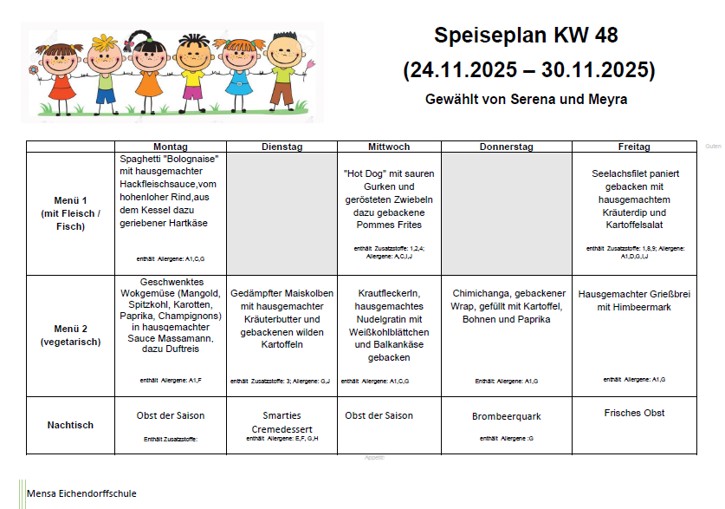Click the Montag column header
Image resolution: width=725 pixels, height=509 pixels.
(170, 147)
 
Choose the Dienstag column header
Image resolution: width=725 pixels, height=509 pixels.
(282, 147)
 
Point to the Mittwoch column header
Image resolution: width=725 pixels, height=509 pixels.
(389, 147)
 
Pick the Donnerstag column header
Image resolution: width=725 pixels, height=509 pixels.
(507, 147)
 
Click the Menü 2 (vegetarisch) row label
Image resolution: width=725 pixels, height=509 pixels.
(70, 335)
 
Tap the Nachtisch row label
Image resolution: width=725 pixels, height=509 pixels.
(70, 425)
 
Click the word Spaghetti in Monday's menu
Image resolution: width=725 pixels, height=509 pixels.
(140, 159)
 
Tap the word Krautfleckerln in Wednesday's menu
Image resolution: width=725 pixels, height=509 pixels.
(389, 294)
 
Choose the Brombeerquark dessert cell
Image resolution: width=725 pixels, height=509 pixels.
(507, 416)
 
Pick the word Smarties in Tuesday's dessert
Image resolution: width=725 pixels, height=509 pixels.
(282, 415)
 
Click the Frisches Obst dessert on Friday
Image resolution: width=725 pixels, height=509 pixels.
(634, 413)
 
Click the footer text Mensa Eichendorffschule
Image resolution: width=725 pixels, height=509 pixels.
(81, 494)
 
